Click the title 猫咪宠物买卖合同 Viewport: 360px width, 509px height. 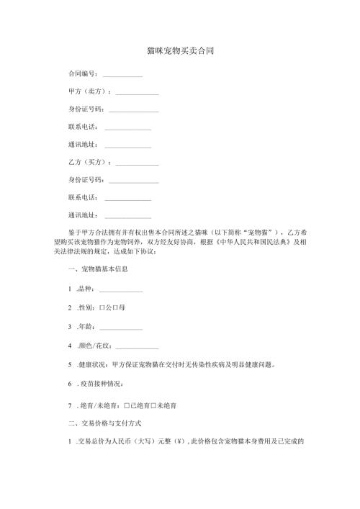pos(179,52)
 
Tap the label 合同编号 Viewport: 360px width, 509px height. pos(82,74)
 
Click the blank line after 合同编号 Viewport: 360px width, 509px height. pos(122,76)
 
